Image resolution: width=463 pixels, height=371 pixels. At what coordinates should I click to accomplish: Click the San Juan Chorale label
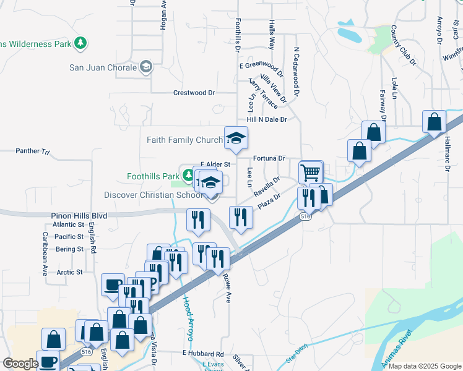(102, 67)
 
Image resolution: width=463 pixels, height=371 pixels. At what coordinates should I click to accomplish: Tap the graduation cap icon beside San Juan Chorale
(146, 67)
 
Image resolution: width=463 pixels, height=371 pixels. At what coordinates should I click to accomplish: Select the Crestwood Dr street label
(194, 93)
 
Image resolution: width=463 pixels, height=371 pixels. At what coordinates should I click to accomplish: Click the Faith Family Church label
(184, 140)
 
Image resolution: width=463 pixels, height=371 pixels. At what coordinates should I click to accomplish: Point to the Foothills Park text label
(153, 176)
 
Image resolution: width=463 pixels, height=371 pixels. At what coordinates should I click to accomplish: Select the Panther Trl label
(32, 150)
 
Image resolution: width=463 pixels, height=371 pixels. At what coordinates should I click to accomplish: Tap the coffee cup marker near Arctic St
(113, 285)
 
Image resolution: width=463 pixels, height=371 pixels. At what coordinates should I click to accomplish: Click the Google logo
(21, 364)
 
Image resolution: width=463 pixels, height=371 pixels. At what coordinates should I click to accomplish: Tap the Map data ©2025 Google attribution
(425, 366)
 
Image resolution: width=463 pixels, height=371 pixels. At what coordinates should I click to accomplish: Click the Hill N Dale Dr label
(267, 119)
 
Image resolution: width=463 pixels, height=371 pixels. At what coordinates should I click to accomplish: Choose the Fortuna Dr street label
(269, 158)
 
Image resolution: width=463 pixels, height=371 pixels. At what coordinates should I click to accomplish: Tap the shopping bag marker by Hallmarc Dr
(435, 121)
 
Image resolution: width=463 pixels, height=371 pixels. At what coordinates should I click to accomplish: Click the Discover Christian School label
(153, 195)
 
